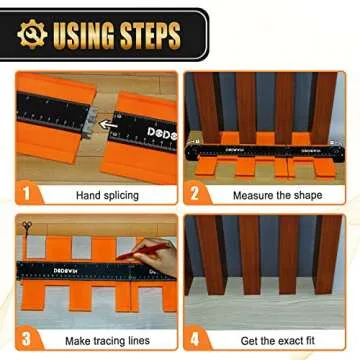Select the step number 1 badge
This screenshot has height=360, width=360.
click(27, 187)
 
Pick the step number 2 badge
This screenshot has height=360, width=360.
click(196, 187)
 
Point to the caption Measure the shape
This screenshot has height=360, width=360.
click(271, 188)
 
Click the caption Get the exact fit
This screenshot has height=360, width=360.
click(271, 336)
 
